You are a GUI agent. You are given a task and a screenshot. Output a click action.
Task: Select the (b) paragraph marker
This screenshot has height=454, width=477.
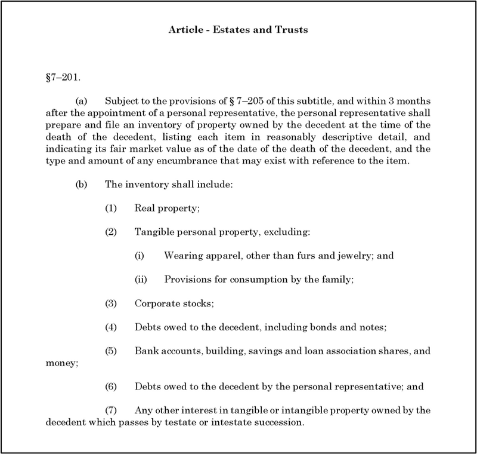click(x=81, y=185)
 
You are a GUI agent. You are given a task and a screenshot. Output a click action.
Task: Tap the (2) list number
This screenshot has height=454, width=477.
click(x=110, y=231)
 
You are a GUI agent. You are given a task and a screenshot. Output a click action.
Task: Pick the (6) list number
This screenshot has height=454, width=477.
click(x=110, y=386)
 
